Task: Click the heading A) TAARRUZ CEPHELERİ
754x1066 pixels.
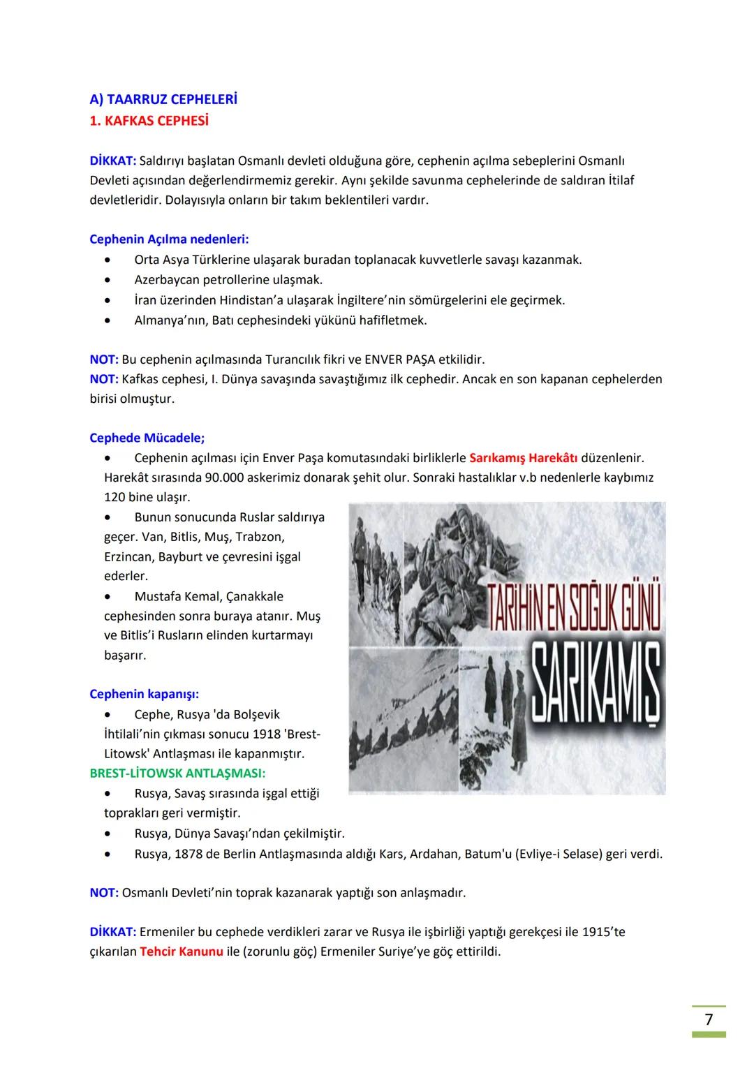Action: [x=163, y=99]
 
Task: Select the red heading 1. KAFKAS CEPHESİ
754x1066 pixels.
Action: [x=149, y=121]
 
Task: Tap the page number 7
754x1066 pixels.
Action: [x=709, y=1019]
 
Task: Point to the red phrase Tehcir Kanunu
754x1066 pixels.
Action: [x=181, y=951]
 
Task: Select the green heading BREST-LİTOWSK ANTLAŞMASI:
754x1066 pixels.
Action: [x=177, y=773]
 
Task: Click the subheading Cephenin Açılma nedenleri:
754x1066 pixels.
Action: [x=169, y=239]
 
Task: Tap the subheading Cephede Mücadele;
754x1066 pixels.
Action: [x=147, y=438]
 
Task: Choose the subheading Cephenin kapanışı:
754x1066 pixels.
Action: [x=144, y=694]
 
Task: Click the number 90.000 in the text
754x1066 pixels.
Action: [x=229, y=478]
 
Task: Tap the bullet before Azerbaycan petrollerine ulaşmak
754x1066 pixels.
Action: [x=108, y=280]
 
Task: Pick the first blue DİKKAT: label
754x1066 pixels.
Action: [x=112, y=161]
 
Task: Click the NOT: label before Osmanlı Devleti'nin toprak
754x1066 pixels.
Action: [x=103, y=892]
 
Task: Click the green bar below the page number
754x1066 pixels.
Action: [x=709, y=1035]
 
